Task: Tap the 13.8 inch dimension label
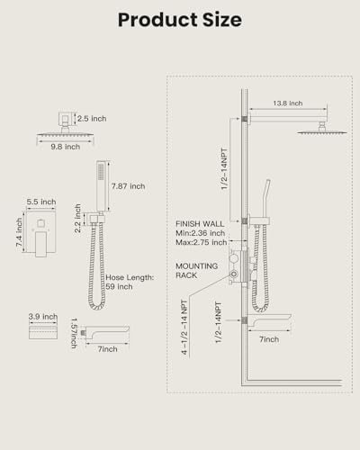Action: click(x=288, y=103)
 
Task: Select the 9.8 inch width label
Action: click(x=66, y=147)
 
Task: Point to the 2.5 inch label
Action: click(x=92, y=119)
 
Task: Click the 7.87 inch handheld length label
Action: click(x=129, y=186)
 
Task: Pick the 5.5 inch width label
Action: click(x=41, y=202)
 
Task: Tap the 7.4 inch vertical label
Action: click(x=19, y=232)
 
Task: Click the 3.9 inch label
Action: click(x=43, y=317)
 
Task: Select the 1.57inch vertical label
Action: click(x=74, y=333)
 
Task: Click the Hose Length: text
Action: click(x=130, y=277)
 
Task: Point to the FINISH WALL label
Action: click(x=200, y=224)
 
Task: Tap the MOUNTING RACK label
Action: click(x=197, y=271)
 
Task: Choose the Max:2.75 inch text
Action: click(x=202, y=242)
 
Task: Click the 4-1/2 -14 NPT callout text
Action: click(x=184, y=328)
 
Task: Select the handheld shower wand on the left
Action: click(x=103, y=186)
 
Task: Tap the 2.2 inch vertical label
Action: click(x=77, y=219)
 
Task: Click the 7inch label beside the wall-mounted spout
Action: click(x=269, y=339)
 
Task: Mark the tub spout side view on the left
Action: click(x=105, y=333)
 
